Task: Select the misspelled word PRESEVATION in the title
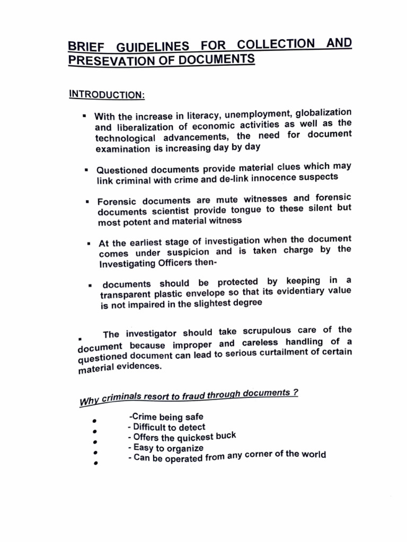(x=109, y=61)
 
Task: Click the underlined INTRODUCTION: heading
(x=106, y=94)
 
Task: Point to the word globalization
(x=323, y=113)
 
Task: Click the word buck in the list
(x=225, y=436)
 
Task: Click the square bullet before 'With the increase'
(x=84, y=115)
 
